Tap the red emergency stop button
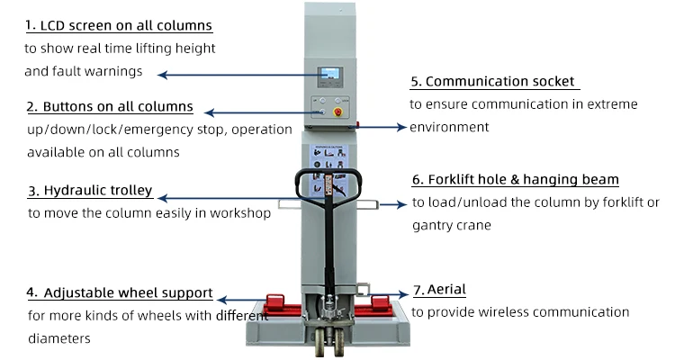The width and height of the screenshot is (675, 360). tap(340, 112)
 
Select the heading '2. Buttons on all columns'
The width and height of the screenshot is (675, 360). tap(110, 106)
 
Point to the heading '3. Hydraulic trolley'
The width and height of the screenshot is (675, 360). tap(89, 191)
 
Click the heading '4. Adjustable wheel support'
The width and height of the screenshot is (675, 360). tap(120, 292)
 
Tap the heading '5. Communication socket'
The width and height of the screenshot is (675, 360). tap(492, 81)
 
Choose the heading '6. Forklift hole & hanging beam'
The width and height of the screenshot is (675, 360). tap(516, 180)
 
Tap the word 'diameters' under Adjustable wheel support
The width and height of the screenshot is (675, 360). tap(58, 339)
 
